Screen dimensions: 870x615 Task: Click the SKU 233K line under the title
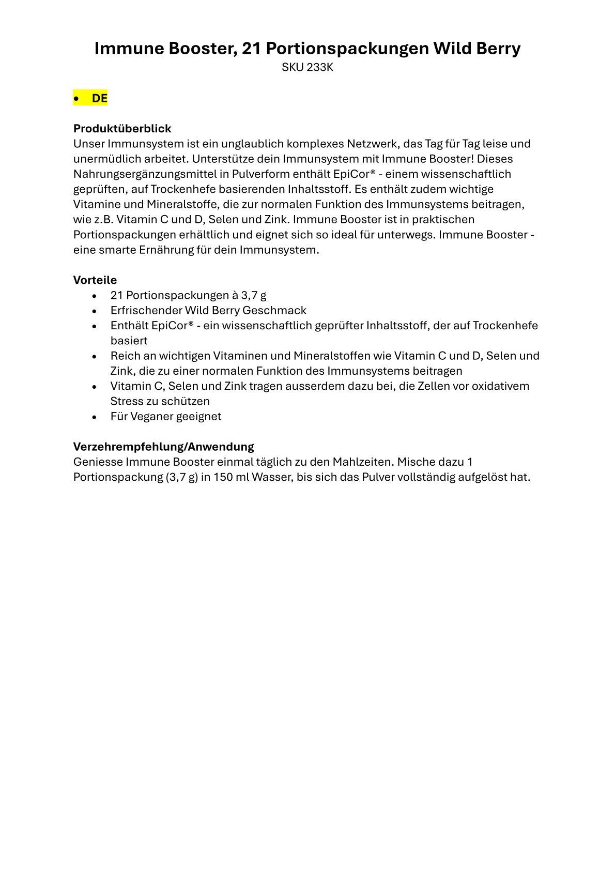pyautogui.click(x=307, y=67)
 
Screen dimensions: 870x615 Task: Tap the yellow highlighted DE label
pyautogui.click(x=99, y=98)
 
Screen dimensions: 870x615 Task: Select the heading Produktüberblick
pyautogui.click(x=122, y=128)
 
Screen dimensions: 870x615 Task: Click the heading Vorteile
pyautogui.click(x=95, y=280)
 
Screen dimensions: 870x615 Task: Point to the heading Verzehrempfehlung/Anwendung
pyautogui.click(x=163, y=446)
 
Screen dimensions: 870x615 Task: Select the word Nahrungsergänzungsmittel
pyautogui.click(x=144, y=174)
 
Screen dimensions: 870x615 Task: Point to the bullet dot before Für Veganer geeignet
pyautogui.click(x=94, y=417)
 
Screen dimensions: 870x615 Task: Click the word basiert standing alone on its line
pyautogui.click(x=129, y=341)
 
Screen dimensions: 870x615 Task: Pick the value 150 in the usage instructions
pyautogui.click(x=223, y=477)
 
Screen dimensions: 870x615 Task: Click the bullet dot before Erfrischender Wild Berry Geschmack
pyautogui.click(x=94, y=311)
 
